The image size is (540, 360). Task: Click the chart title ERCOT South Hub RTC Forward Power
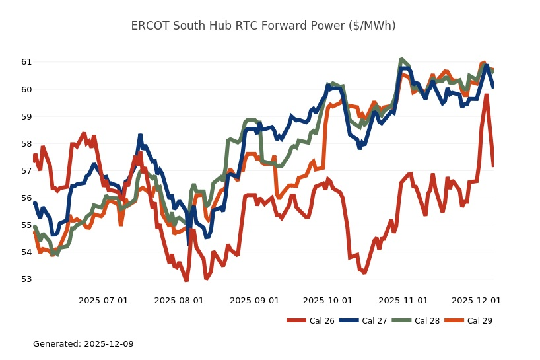tap(263, 26)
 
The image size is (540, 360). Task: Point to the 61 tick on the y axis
tap(26, 62)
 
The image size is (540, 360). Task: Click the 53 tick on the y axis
tap(26, 279)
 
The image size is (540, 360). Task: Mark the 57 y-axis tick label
tap(26, 170)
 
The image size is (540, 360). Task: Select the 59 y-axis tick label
tap(26, 116)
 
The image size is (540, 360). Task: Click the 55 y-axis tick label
tap(26, 225)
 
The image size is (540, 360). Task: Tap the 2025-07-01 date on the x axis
tap(103, 300)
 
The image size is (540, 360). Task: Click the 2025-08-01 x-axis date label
tap(179, 300)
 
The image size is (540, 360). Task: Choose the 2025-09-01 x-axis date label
tap(254, 300)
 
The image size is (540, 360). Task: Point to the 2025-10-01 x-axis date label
tap(327, 300)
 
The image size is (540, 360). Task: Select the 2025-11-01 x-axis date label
tap(403, 300)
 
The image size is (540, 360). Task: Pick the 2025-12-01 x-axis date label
tap(476, 300)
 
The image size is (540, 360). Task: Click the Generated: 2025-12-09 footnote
tap(83, 344)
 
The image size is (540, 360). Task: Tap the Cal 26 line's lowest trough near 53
tap(186, 280)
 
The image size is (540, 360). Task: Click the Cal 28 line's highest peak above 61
tap(401, 59)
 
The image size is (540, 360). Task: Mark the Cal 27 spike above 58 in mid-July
tap(140, 135)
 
